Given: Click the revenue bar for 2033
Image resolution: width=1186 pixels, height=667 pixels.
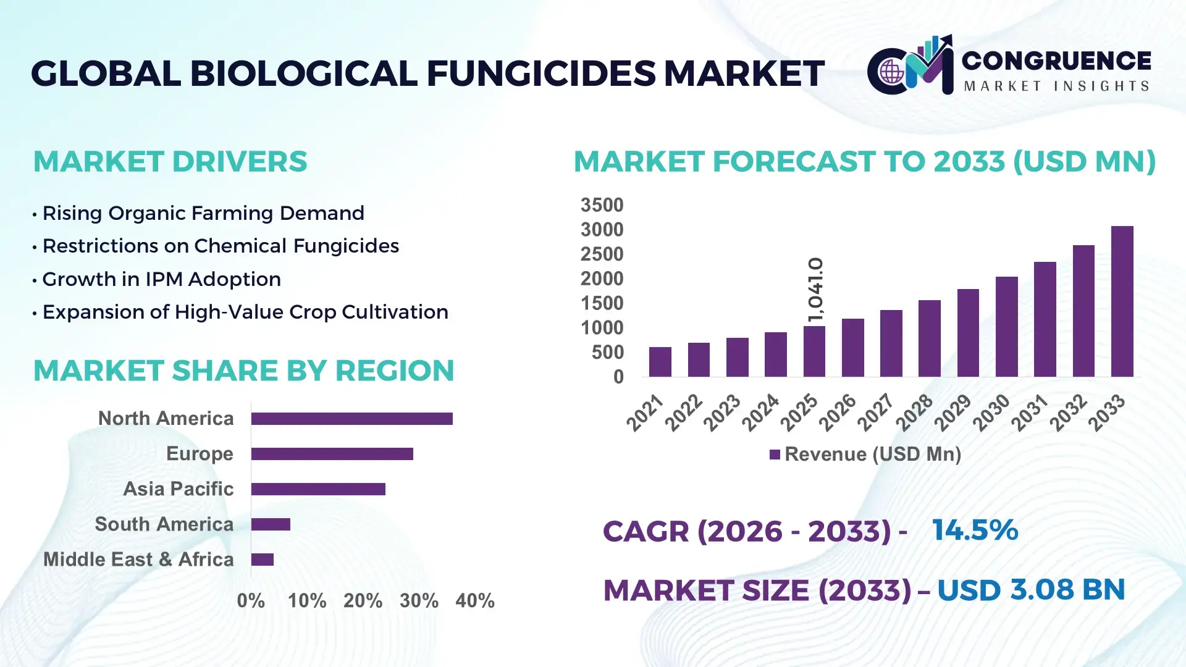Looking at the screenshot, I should pyautogui.click(x=1122, y=301).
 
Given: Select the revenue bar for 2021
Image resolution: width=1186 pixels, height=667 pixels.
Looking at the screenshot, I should pyautogui.click(x=660, y=362).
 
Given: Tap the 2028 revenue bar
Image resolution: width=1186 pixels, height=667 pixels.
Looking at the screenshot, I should pyautogui.click(x=929, y=338).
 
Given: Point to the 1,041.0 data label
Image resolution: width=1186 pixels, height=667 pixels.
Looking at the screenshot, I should pyautogui.click(x=815, y=290).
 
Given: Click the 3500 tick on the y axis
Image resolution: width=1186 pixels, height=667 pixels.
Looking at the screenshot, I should pyautogui.click(x=602, y=205).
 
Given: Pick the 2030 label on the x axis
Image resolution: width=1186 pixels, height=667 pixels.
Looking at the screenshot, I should pyautogui.click(x=991, y=413).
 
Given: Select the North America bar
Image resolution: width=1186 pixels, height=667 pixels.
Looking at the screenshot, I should pyautogui.click(x=351, y=419).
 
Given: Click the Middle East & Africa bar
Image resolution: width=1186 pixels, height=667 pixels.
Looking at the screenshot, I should pyautogui.click(x=263, y=560).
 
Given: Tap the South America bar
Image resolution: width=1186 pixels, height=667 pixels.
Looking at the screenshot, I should pyautogui.click(x=271, y=524).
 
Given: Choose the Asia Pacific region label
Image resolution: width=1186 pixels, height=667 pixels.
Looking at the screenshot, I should pyautogui.click(x=178, y=489).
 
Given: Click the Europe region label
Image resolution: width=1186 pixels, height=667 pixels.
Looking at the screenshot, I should pyautogui.click(x=200, y=453).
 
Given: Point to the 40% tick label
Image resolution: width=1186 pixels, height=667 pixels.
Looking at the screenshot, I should pyautogui.click(x=474, y=600).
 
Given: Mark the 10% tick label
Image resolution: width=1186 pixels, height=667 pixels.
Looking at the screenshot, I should pyautogui.click(x=307, y=600).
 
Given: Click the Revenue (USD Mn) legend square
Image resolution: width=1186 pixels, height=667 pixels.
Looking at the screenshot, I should pyautogui.click(x=775, y=455).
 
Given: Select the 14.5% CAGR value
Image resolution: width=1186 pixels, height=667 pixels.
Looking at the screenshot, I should pyautogui.click(x=975, y=530).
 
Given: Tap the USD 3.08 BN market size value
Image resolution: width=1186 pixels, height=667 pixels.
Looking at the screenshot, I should pyautogui.click(x=1030, y=590).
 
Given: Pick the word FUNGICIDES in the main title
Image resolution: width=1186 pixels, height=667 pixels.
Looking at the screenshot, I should pyautogui.click(x=540, y=73).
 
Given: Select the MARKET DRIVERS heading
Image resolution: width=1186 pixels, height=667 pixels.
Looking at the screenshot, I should pyautogui.click(x=170, y=161).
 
